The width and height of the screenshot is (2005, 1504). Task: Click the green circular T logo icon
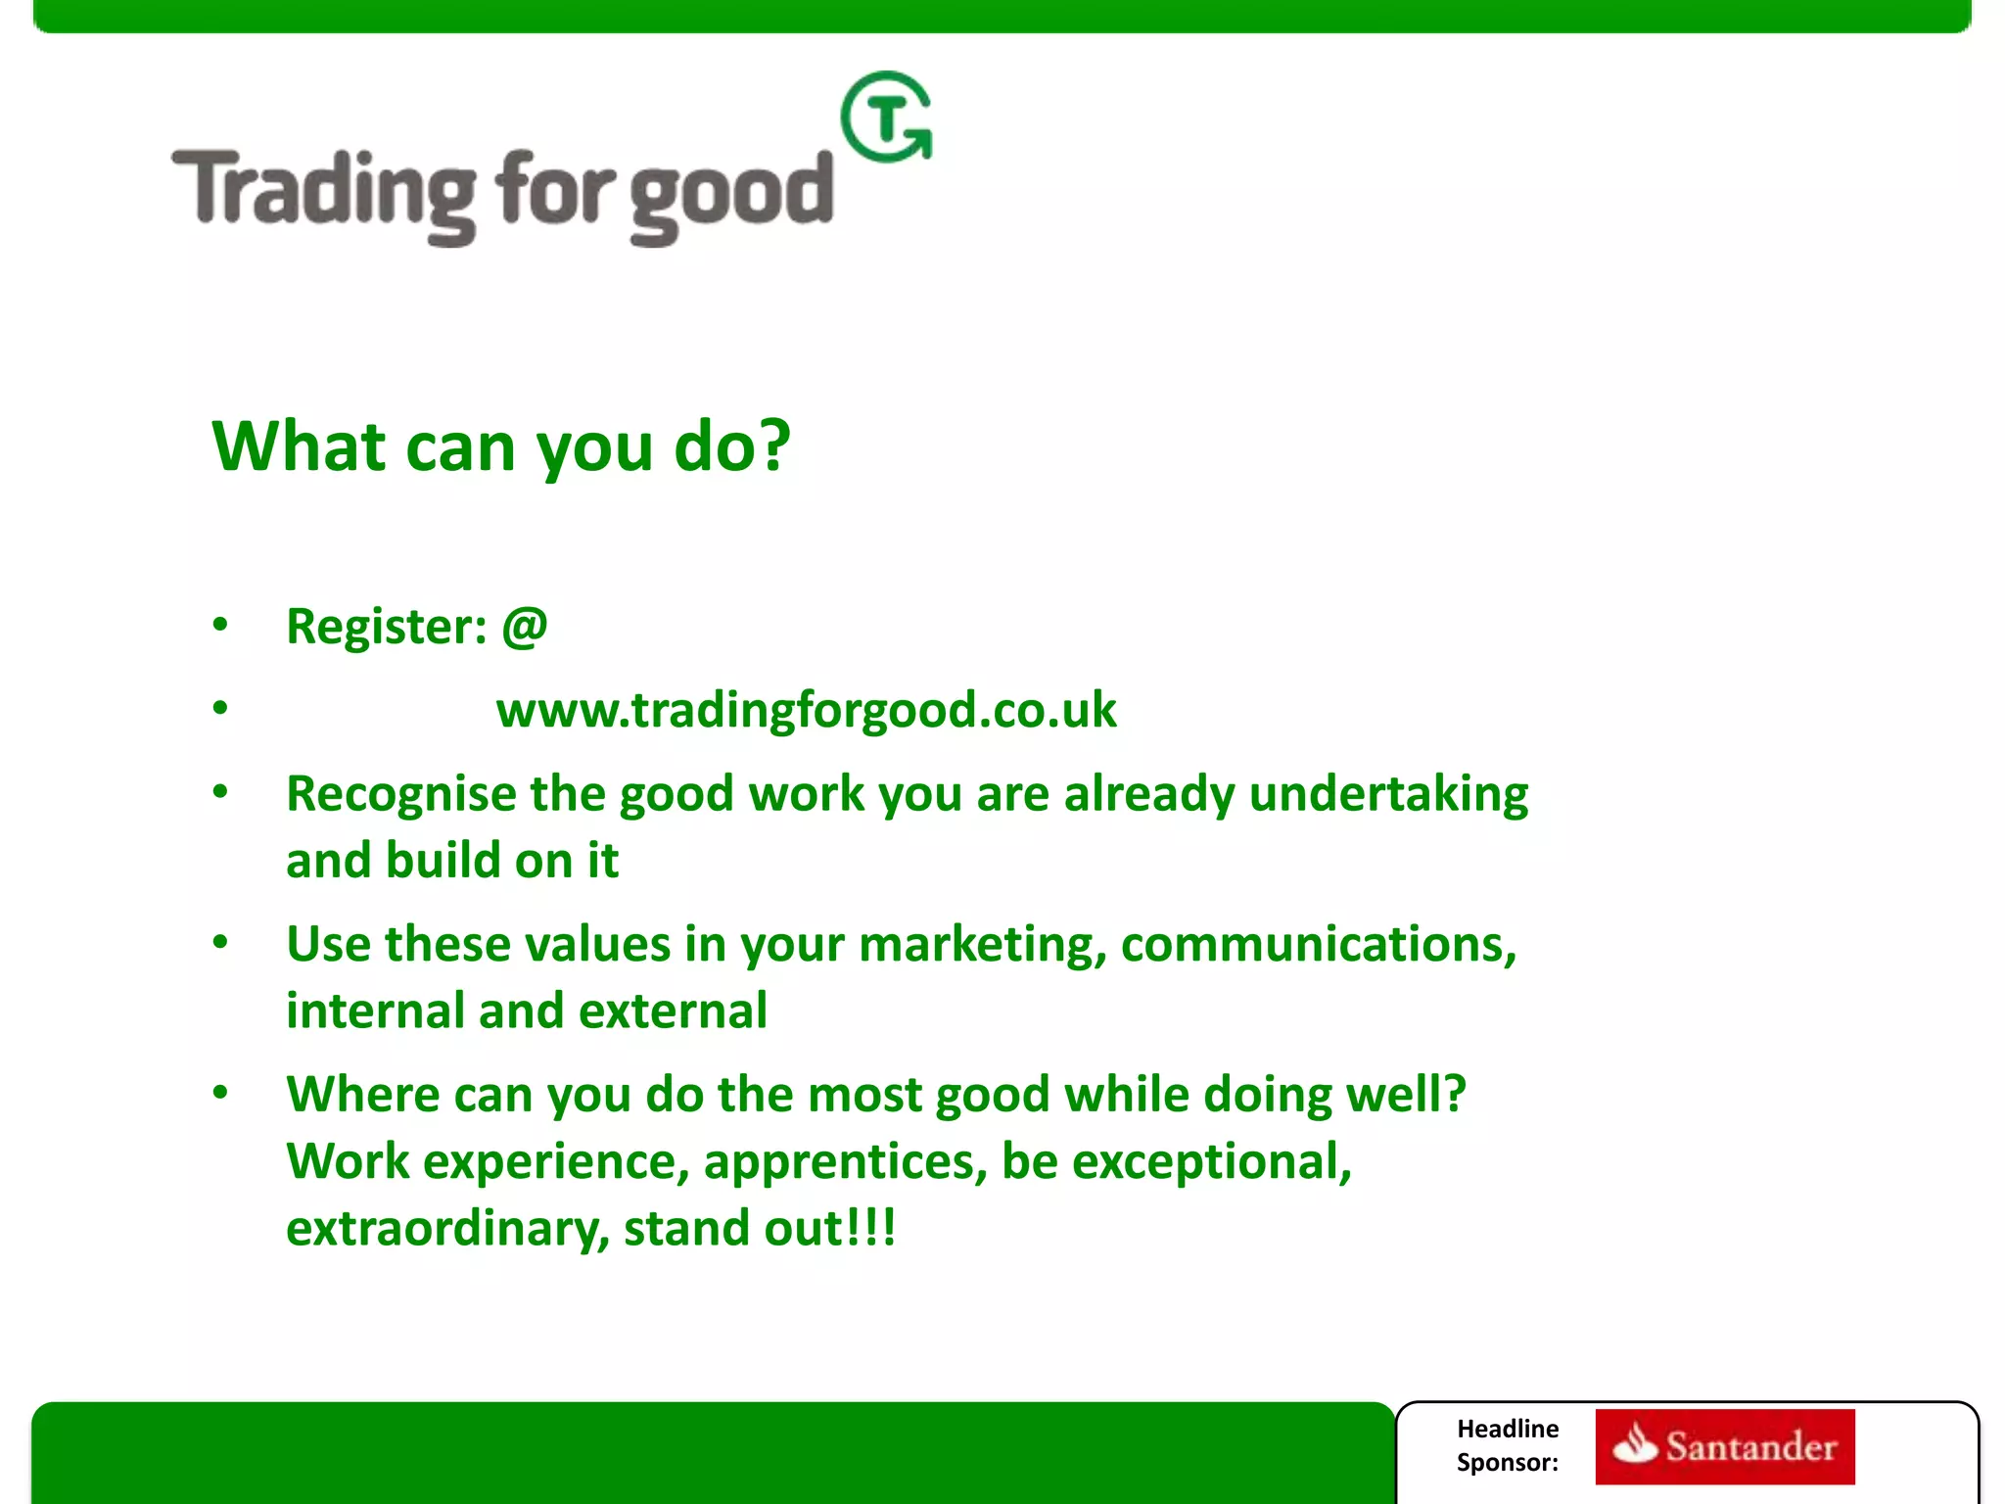point(886,117)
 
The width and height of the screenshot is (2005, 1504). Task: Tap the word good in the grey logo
point(730,196)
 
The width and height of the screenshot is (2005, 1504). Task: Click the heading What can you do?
point(500,446)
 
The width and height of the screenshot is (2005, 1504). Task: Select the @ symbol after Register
point(525,626)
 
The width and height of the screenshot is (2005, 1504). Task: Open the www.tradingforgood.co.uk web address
point(806,710)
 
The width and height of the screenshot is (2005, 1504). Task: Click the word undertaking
point(1388,794)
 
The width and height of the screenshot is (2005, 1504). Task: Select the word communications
point(1318,945)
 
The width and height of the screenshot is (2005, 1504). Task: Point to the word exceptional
point(1211,1162)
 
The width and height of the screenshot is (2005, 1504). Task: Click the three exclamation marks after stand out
point(873,1228)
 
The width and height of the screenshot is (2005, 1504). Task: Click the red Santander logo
point(1724,1446)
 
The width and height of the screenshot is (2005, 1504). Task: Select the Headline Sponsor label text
point(1508,1445)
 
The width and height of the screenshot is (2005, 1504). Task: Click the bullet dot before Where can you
point(220,1092)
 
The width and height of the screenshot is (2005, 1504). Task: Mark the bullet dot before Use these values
point(220,942)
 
